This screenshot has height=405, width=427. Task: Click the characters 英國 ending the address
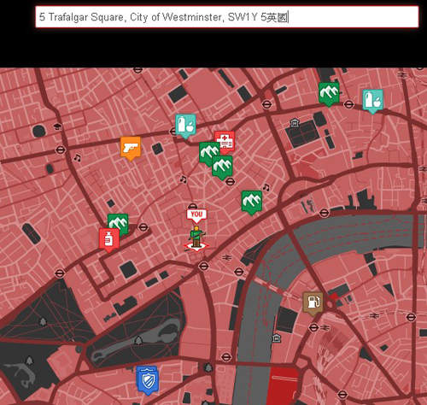[280, 17]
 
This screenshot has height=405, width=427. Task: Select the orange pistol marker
[130, 147]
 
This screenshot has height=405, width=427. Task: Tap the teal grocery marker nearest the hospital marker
[185, 125]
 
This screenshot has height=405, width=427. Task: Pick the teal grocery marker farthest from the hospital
[371, 100]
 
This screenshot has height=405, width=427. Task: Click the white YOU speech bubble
[197, 214]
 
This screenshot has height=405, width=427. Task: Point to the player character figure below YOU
[197, 238]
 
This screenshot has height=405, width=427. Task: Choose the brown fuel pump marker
[313, 302]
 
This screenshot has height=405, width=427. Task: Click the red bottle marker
[108, 238]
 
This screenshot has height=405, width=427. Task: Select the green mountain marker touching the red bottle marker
[119, 224]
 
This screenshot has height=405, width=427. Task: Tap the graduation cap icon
[58, 126]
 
